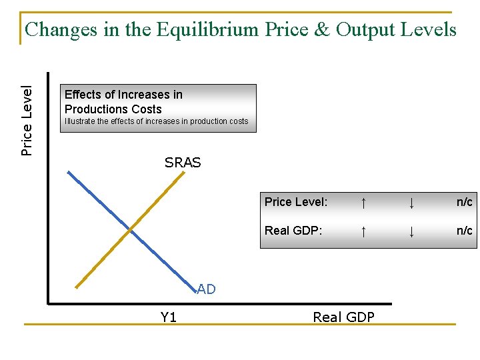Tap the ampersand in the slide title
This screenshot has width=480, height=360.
pyautogui.click(x=322, y=30)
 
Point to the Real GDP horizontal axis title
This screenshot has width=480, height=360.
pyautogui.click(x=343, y=317)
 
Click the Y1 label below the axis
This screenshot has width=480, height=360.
pyautogui.click(x=169, y=317)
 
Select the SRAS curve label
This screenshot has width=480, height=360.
pyautogui.click(x=183, y=163)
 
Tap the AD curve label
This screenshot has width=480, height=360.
pyautogui.click(x=207, y=289)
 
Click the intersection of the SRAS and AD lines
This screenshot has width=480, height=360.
pyautogui.click(x=131, y=229)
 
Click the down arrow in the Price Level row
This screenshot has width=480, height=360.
pyautogui.click(x=412, y=202)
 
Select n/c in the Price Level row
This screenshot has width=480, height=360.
pyautogui.click(x=464, y=202)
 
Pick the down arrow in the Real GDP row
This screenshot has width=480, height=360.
pyautogui.click(x=412, y=231)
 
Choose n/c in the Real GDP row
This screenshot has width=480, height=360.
pyautogui.click(x=464, y=231)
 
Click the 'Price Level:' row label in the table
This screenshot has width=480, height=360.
pyautogui.click(x=296, y=202)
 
